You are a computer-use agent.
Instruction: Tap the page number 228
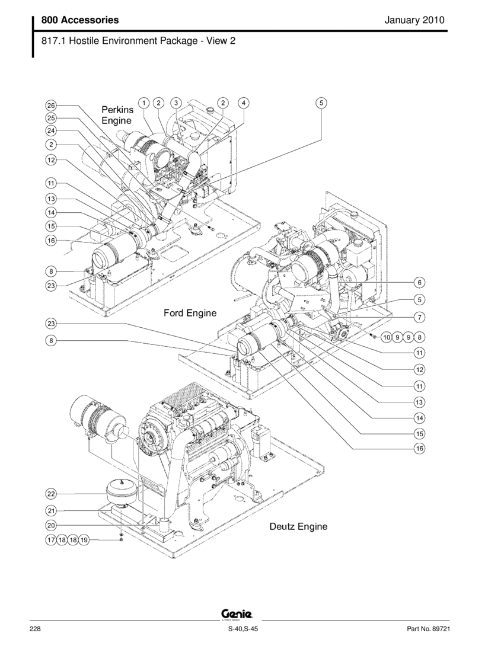coord(34,629)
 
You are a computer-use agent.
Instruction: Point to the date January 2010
coord(414,20)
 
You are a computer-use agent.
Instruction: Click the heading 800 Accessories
coord(80,20)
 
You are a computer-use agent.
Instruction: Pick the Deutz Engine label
coord(298,526)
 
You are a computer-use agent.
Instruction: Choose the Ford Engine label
coord(190,312)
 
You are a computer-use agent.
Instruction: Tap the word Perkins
coord(117,110)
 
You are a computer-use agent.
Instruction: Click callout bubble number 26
coord(51,106)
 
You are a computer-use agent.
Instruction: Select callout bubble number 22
coord(51,494)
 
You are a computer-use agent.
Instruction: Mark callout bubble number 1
coord(145,102)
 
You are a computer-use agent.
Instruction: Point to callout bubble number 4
coord(243,102)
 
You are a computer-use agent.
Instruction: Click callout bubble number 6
coord(419,282)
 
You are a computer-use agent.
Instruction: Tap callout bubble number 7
coord(419,317)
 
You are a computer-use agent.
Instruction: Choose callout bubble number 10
coord(386,337)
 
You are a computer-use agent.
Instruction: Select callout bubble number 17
coord(51,540)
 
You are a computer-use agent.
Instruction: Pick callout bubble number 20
coord(51,525)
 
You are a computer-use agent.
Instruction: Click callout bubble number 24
coord(51,130)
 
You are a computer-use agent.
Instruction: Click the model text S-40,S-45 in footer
coord(243,629)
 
